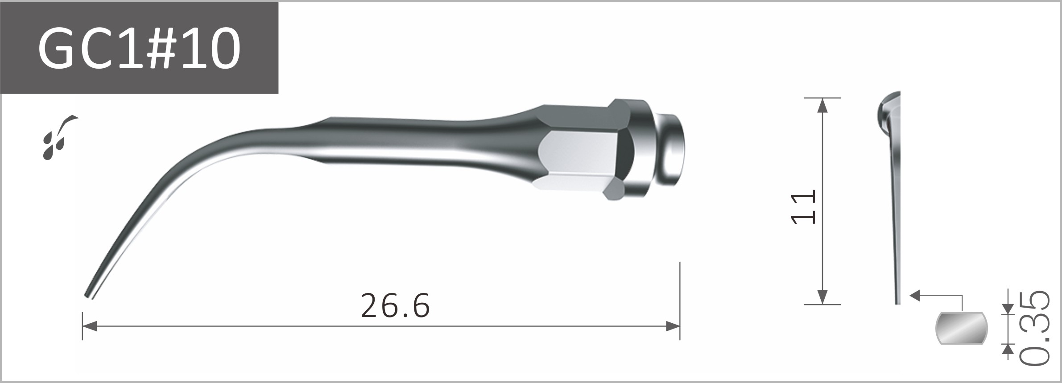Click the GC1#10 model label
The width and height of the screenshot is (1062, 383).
click(x=139, y=48)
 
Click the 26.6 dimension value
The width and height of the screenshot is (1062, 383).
click(x=395, y=306)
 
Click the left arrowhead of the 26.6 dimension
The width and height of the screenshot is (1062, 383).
click(x=89, y=326)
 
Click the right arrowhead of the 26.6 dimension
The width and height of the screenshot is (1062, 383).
click(x=673, y=326)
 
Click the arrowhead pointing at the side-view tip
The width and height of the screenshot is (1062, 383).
click(x=914, y=295)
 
